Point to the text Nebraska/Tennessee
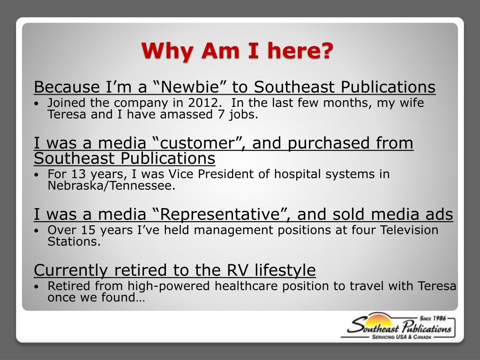point(112,186)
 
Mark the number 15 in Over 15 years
point(88,230)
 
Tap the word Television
point(409,230)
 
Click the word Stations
point(74,242)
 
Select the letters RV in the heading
point(236,270)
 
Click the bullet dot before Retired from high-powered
point(38,286)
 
